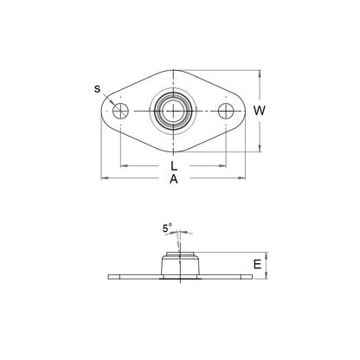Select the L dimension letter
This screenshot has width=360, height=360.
pos(174,164)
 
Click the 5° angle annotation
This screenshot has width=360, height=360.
pos(166,229)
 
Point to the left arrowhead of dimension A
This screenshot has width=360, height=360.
pos(105,178)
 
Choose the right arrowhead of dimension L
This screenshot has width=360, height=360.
pos(225,164)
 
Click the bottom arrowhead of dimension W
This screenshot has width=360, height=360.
pos(259,149)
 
